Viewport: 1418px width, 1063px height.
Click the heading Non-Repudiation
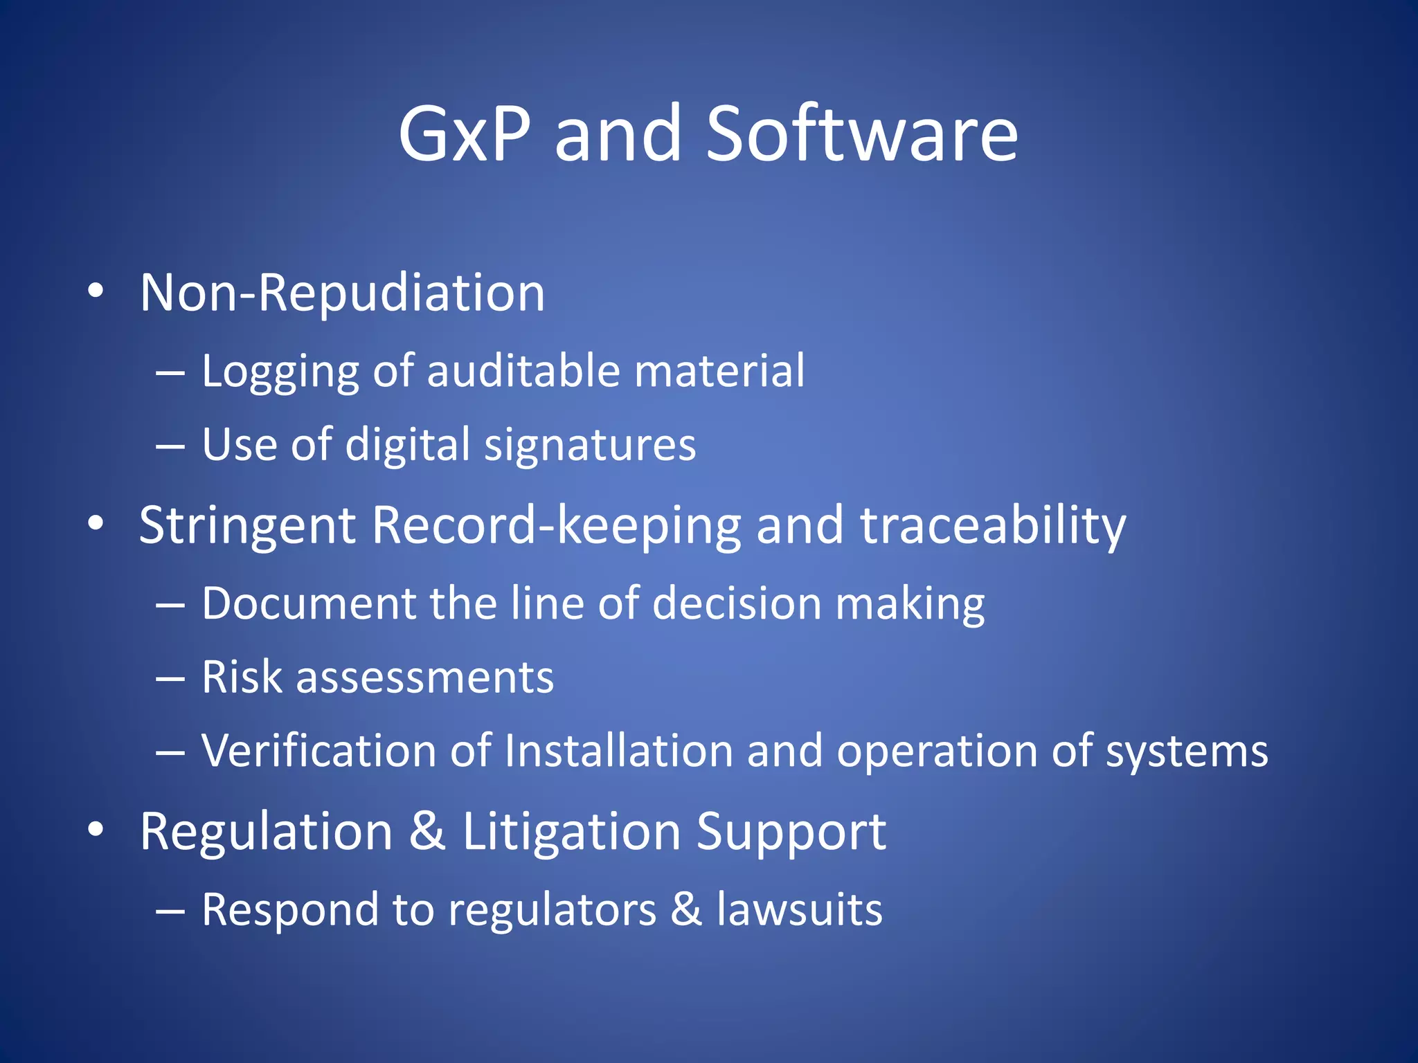pyautogui.click(x=342, y=293)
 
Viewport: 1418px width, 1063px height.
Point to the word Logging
pyautogui.click(x=280, y=372)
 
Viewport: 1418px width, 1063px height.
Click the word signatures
pyautogui.click(x=590, y=446)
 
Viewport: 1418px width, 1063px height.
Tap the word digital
pyautogui.click(x=407, y=446)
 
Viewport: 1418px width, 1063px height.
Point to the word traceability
pyautogui.click(x=993, y=526)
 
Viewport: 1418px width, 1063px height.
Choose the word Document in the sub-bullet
pyautogui.click(x=308, y=603)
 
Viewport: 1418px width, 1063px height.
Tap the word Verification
pyautogui.click(x=318, y=751)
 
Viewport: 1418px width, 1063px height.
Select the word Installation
pyautogui.click(x=618, y=751)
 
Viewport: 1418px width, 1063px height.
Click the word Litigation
pyautogui.click(x=571, y=832)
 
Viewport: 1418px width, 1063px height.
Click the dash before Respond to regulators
pyautogui.click(x=170, y=911)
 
